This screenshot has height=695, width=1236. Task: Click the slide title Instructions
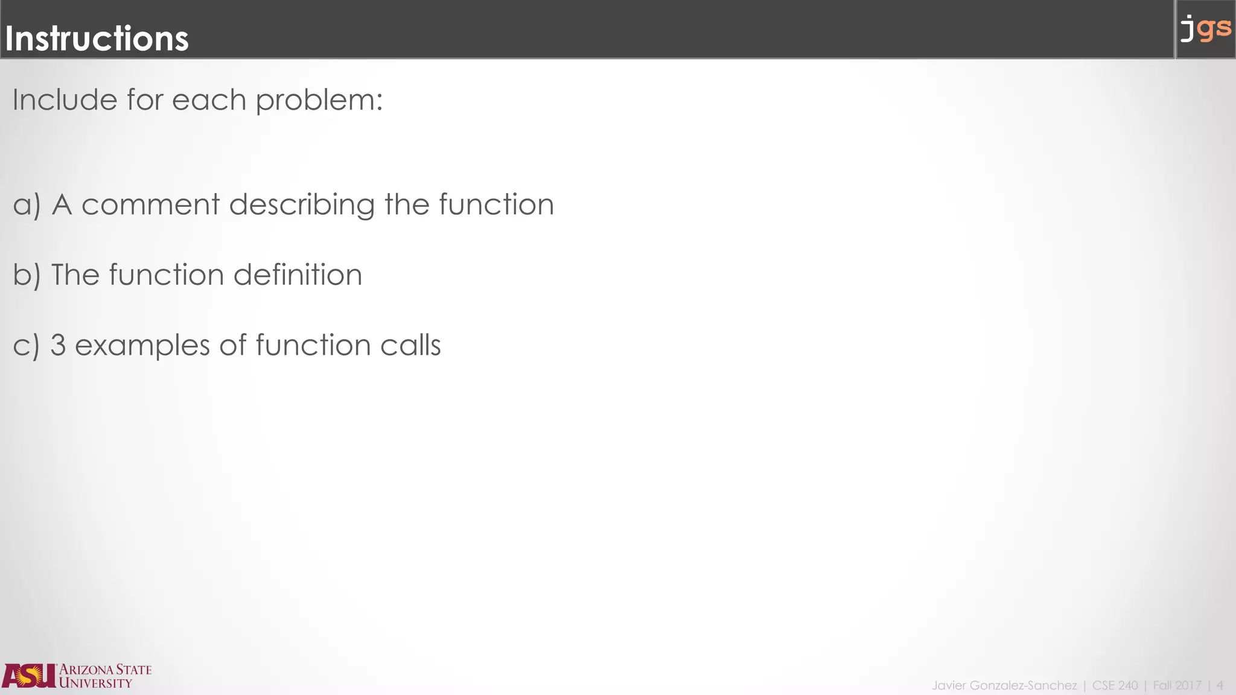point(97,39)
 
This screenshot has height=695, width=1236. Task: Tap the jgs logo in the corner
point(1205,29)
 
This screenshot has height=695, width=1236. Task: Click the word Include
point(64,100)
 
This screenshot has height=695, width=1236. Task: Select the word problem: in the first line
point(319,101)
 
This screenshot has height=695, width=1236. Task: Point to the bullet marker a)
point(27,205)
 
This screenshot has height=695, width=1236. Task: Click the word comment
point(150,205)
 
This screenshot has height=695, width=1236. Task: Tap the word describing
point(302,205)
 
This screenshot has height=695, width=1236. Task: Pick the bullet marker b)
point(27,275)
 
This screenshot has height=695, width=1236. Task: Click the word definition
point(298,275)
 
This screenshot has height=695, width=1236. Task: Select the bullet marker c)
point(26,346)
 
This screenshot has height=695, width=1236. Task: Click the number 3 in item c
point(58,345)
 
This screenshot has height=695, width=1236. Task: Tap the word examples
point(142,346)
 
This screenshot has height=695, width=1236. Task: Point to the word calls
point(410,345)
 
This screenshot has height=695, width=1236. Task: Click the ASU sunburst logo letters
point(29,676)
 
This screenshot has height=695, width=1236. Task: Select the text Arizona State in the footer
point(105,670)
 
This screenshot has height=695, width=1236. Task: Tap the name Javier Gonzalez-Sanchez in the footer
point(1004,685)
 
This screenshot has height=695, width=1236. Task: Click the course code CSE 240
point(1115,685)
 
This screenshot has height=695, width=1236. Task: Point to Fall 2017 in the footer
point(1177,685)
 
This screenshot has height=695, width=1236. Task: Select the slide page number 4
point(1220,685)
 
